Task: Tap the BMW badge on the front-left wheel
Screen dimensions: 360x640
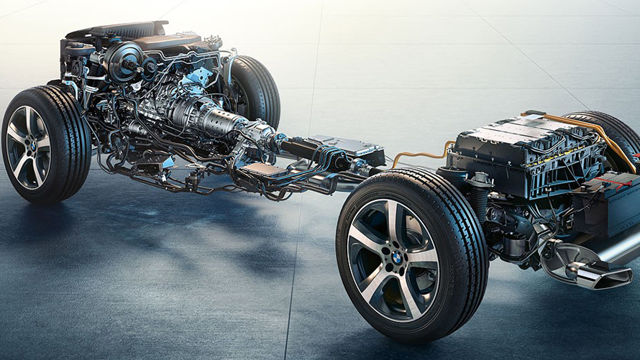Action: [x=32, y=146]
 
